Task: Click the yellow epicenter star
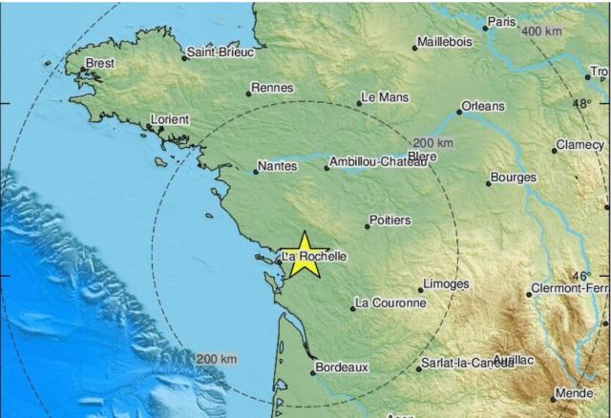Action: pyautogui.click(x=305, y=255)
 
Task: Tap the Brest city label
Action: pyautogui.click(x=100, y=64)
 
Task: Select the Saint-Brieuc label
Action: pyautogui.click(x=221, y=52)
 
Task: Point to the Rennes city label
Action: pyautogui.click(x=270, y=89)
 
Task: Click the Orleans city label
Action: pyautogui.click(x=482, y=106)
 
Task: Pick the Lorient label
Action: pyautogui.click(x=170, y=119)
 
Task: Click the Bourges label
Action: pyautogui.click(x=514, y=178)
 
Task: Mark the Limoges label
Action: pyautogui.click(x=447, y=283)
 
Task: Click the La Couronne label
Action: pyautogui.click(x=390, y=303)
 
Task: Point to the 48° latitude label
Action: pyautogui.click(x=582, y=102)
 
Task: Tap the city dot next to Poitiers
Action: pyautogui.click(x=369, y=226)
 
